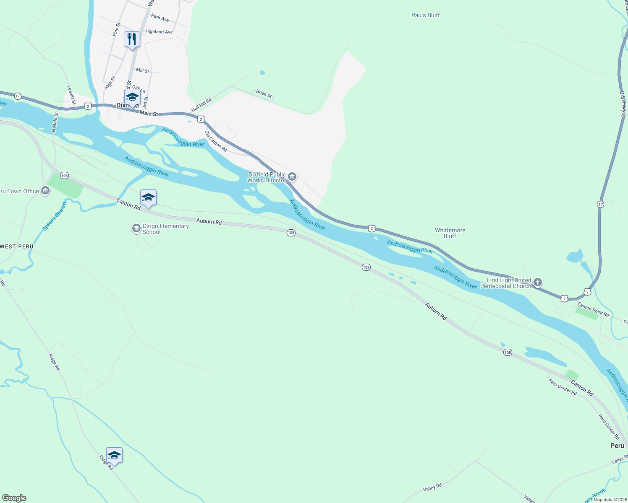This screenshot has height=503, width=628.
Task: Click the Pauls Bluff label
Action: click(x=425, y=15)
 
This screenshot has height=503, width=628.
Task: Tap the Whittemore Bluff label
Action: click(x=450, y=233)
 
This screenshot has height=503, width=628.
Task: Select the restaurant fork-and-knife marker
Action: click(x=132, y=40)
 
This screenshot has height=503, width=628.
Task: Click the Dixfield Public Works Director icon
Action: click(x=293, y=177)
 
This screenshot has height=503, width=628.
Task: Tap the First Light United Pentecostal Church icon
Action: click(x=538, y=283)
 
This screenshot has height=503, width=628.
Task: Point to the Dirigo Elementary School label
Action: click(x=165, y=229)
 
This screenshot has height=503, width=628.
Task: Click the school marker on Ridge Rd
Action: click(x=114, y=455)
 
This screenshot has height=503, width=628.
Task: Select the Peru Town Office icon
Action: click(x=45, y=191)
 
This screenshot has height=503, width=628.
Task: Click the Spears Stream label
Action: click(x=55, y=216)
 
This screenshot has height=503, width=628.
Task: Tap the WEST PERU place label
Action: click(x=17, y=246)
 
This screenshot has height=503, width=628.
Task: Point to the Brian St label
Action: click(x=264, y=94)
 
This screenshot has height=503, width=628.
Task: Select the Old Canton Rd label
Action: click(x=216, y=141)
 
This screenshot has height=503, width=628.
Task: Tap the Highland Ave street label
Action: click(x=159, y=32)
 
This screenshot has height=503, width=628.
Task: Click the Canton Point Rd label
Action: click(x=593, y=309)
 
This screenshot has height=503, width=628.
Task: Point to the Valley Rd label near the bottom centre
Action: click(x=432, y=487)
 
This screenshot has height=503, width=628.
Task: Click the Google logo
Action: click(x=14, y=498)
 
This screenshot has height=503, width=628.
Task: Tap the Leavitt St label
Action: click(x=71, y=95)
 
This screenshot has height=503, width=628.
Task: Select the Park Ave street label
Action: click(x=160, y=18)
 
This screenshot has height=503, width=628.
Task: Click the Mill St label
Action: click(x=143, y=71)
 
